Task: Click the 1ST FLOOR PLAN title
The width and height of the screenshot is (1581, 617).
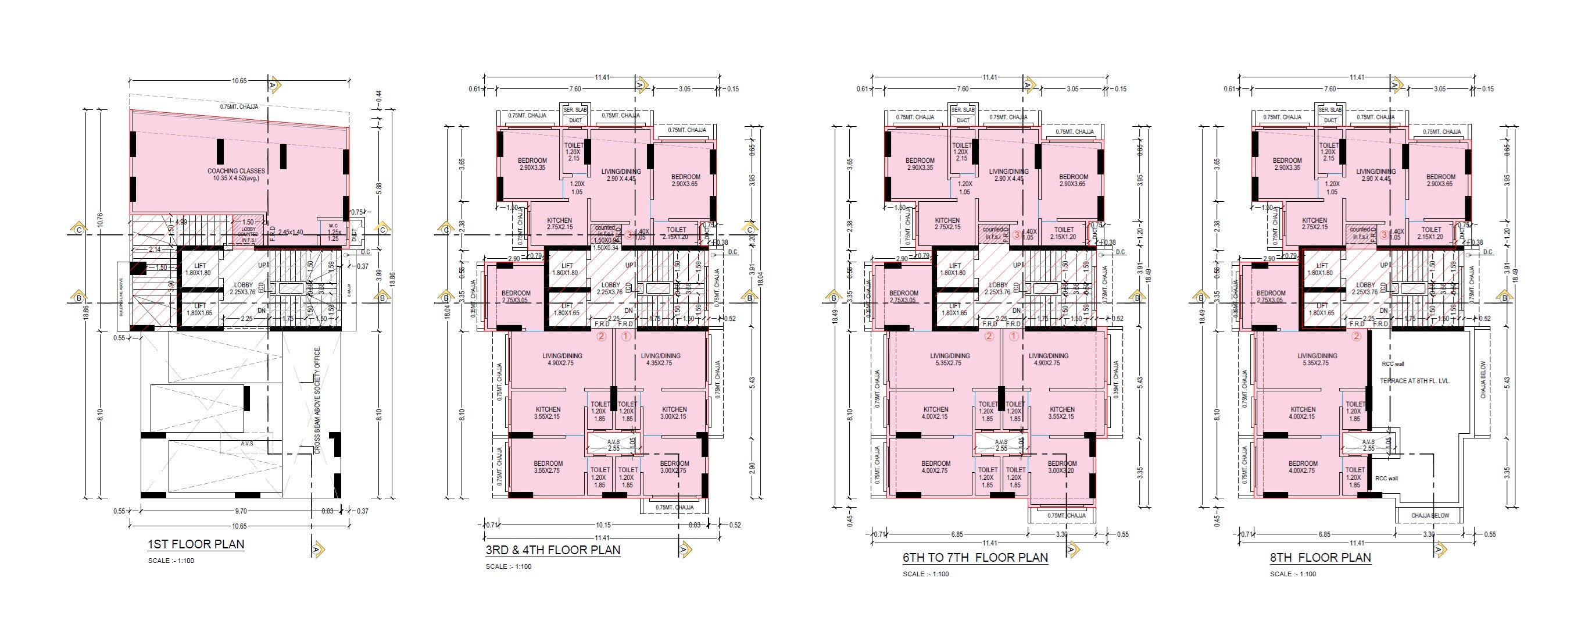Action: point(196,544)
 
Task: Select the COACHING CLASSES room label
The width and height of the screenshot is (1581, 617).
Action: point(237,175)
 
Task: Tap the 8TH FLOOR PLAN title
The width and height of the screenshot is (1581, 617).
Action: point(1320,558)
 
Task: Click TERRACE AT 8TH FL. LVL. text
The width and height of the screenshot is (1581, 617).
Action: point(1415,381)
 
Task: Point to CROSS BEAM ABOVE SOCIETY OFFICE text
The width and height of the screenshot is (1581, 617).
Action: point(317,400)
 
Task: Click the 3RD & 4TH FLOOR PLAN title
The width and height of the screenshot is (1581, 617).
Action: point(552,550)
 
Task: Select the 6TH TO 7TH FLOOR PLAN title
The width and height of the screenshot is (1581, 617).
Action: point(975,558)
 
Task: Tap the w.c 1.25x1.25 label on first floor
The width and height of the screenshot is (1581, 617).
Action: point(333,232)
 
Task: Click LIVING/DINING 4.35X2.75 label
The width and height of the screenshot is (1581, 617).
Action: point(660,359)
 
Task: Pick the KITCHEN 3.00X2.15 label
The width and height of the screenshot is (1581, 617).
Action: point(674,412)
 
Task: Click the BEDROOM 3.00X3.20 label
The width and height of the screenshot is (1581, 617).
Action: point(1062,467)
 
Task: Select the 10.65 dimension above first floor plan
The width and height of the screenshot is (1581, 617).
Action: point(239,81)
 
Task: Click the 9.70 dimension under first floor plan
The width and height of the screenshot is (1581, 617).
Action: point(241,511)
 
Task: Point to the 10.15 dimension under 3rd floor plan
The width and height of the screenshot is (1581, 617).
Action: point(603,525)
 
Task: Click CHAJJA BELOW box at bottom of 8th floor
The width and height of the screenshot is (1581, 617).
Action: point(1429,516)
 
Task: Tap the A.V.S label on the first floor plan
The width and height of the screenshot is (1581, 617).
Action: point(246,443)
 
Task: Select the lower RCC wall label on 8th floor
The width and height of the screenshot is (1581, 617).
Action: point(1386,478)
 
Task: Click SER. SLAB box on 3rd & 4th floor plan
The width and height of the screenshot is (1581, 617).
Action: point(575,109)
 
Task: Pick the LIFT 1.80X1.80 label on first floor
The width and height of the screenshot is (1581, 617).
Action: point(198,269)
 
